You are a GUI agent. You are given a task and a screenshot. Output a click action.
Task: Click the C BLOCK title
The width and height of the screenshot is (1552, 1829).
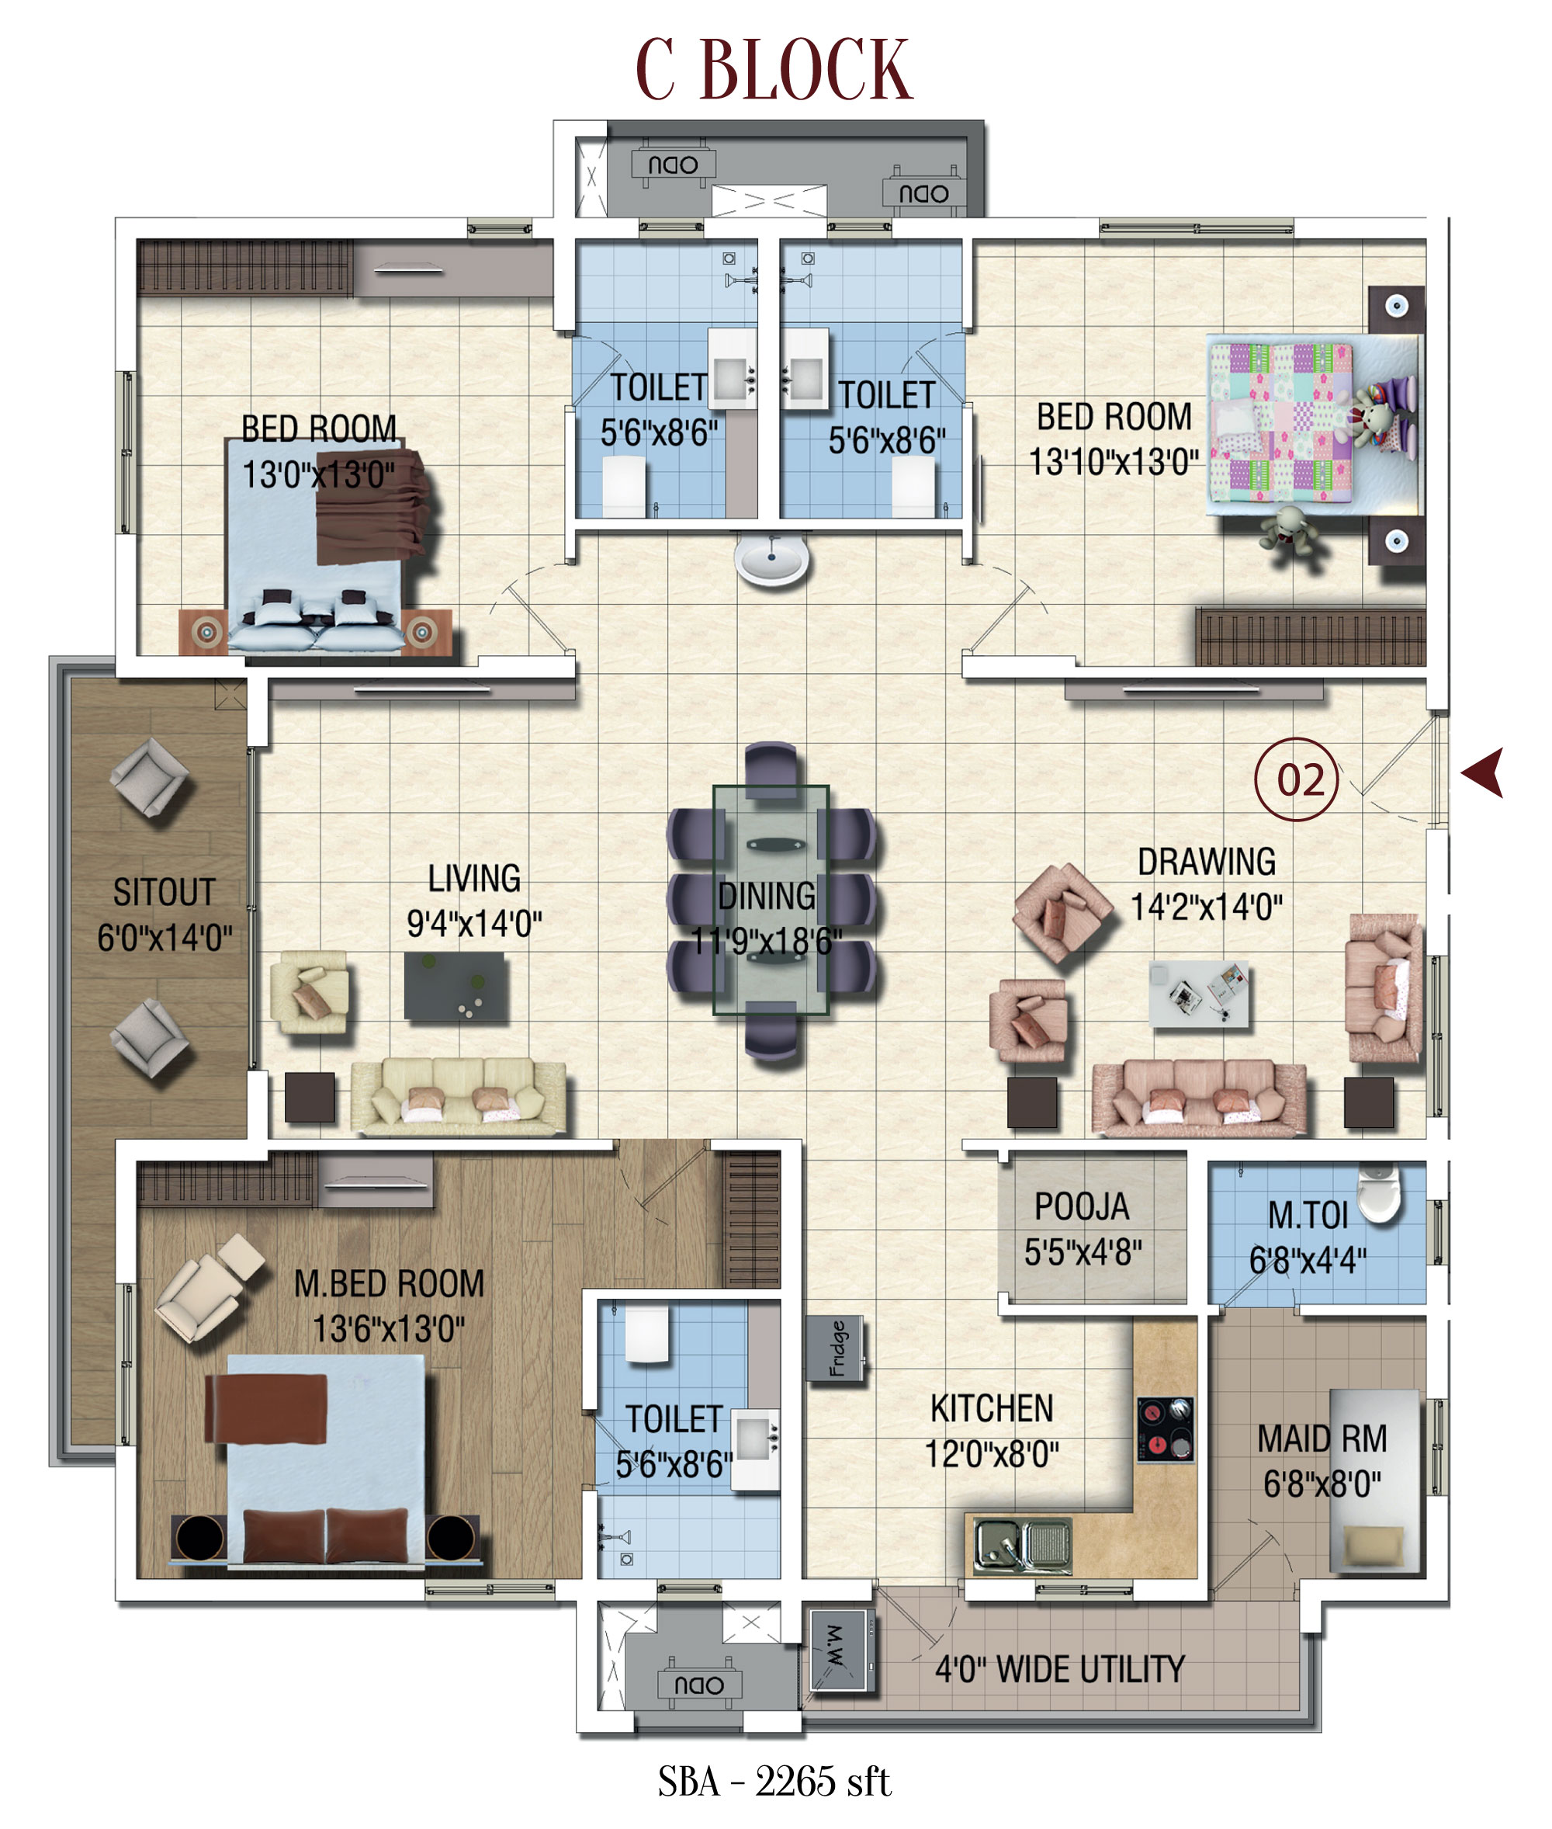coord(774,70)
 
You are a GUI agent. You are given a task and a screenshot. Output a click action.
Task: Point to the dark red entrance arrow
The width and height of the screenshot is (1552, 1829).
coord(1484,772)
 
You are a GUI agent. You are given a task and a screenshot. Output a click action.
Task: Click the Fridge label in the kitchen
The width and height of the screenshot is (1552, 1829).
coord(836,1348)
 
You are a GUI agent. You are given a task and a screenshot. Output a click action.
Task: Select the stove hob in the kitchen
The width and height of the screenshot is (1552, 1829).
coord(1165,1429)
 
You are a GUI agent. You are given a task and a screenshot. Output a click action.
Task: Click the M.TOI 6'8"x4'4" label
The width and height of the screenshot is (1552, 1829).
coord(1308,1237)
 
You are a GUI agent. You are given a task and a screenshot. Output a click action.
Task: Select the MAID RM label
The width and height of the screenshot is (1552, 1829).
coord(1322,1439)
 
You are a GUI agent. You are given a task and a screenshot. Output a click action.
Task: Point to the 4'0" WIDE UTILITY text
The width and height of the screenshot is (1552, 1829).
coord(1059,1669)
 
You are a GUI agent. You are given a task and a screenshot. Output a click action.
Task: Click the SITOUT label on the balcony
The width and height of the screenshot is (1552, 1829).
coord(165,892)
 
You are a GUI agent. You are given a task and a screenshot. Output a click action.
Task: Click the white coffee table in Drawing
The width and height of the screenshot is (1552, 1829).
coord(1198,994)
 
